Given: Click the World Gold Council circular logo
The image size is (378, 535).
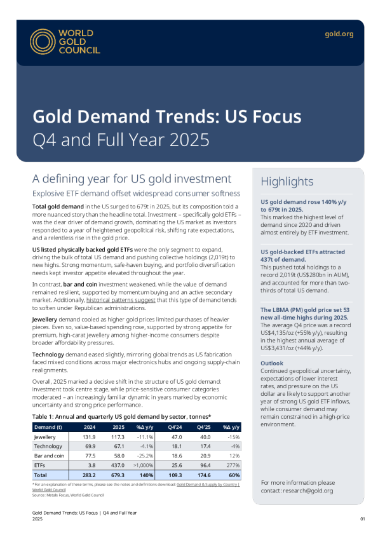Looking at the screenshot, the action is [43, 41].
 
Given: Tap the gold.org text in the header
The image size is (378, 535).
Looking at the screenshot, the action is [339, 34].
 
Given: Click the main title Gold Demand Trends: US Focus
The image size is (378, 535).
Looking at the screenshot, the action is [167, 116].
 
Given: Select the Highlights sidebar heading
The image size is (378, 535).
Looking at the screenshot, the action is [287, 182].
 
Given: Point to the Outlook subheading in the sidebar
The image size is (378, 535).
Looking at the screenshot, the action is [271, 363].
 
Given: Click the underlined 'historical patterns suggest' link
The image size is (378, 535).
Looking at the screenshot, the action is [121, 301].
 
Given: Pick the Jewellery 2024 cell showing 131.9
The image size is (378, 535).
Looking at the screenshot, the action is [89, 437].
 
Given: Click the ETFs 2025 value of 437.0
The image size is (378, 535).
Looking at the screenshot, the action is [118, 465].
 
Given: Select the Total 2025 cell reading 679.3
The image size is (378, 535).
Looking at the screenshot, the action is [118, 475].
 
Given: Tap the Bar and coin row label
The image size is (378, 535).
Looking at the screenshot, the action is [49, 456].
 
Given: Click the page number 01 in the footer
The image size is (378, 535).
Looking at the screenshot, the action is [362, 519].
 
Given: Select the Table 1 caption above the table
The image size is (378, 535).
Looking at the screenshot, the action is [121, 417].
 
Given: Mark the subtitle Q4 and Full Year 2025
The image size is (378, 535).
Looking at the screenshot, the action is [121, 140].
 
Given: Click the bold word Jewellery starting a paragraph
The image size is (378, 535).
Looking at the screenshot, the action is [44, 320].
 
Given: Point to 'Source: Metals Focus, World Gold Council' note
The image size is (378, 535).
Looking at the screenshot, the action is [68, 495].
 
